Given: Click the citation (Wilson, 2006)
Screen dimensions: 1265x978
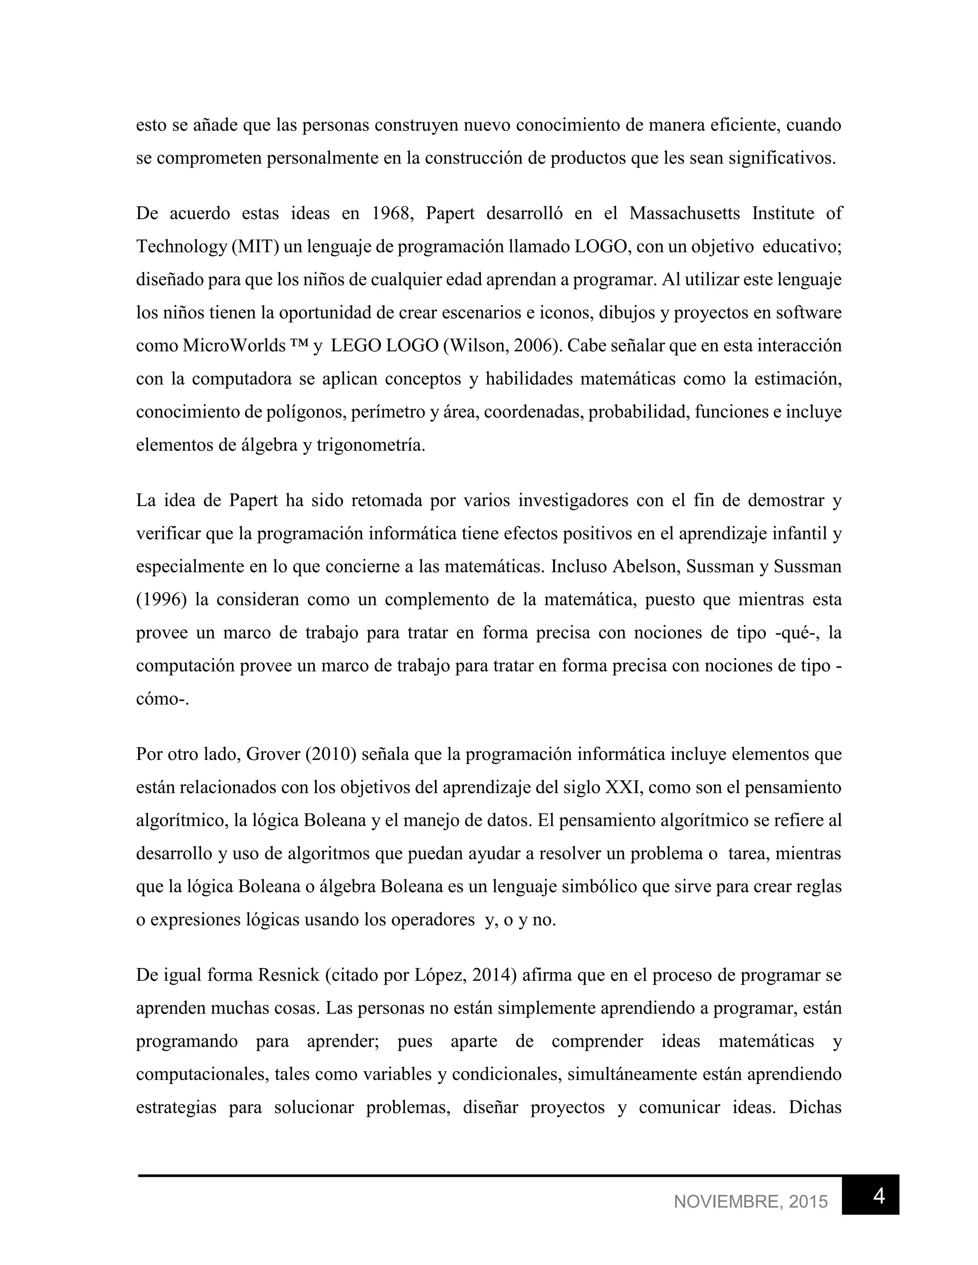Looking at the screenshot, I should pos(502,345).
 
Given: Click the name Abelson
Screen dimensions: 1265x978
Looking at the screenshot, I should pos(644,566).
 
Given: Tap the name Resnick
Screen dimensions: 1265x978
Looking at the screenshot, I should pos(288,975).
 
